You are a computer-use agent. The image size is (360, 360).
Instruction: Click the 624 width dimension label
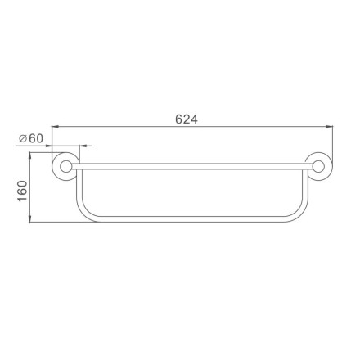coord(187,119)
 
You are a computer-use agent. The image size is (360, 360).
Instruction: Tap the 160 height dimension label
coord(23,191)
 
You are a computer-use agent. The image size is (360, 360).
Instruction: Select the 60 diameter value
coord(36,138)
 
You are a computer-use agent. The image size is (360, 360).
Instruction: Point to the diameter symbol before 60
coord(23,139)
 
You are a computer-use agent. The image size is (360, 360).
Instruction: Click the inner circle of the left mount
coord(65,167)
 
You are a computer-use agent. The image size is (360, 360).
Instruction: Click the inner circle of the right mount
coord(318,167)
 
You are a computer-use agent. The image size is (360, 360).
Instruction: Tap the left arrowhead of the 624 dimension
coord(56,126)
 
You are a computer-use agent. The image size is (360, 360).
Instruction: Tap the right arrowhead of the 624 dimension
coord(329,126)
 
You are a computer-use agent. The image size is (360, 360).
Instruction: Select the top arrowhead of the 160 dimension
coord(29,156)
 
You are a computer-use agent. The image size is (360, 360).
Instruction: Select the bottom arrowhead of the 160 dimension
coord(29,218)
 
